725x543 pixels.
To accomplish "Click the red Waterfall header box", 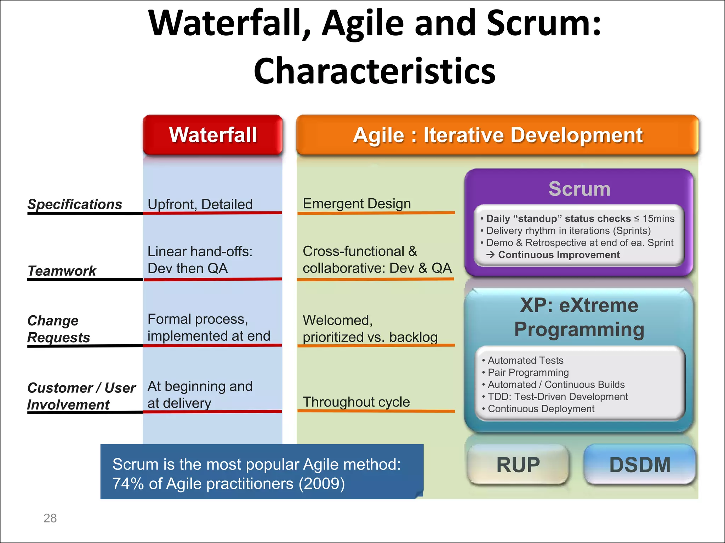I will click(213, 135).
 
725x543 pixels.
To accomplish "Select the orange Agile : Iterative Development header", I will click(497, 135).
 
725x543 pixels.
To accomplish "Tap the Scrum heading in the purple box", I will click(579, 189).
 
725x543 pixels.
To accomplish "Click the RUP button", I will click(518, 465).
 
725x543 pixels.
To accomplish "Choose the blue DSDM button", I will click(640, 465).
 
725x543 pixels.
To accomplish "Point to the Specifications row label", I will click(75, 204).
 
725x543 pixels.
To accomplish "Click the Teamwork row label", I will click(62, 271).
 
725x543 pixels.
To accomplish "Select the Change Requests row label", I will click(58, 329).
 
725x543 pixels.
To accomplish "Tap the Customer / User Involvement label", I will click(81, 396).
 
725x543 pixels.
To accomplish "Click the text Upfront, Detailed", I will click(200, 204).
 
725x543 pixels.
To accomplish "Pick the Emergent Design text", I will click(357, 204).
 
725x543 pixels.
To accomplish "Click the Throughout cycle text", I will click(356, 402).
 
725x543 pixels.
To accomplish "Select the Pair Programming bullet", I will click(528, 372).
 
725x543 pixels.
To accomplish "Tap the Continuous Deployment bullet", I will click(541, 409).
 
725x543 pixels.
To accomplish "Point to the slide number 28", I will click(50, 518).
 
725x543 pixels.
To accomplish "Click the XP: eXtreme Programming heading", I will click(579, 317).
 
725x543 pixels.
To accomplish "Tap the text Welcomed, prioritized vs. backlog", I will click(370, 328).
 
